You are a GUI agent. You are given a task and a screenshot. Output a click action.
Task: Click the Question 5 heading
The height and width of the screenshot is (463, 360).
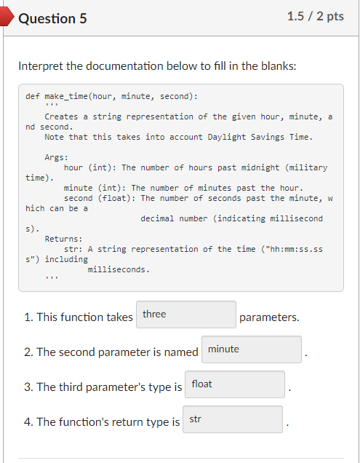point(52,18)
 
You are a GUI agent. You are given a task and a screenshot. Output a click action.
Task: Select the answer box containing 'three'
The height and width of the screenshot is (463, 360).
point(186,314)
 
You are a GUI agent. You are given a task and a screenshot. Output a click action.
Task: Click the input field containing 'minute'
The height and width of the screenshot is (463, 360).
point(252,349)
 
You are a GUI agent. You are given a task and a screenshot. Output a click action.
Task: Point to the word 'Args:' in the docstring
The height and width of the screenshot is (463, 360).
point(57,157)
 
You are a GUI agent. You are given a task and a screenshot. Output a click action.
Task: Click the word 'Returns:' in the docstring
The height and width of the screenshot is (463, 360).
point(63,239)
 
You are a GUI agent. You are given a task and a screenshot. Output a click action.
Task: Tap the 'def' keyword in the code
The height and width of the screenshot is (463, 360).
point(32,96)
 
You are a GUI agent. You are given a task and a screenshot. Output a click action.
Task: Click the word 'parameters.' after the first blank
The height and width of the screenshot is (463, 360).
point(268,317)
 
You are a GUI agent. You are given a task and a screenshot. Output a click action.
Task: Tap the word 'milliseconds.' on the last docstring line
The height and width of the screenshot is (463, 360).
point(119,269)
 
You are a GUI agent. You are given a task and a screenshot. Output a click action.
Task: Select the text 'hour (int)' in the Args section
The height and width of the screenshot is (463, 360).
point(88,167)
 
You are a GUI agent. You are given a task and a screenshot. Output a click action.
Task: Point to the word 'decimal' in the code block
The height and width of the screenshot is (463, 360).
point(157,218)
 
